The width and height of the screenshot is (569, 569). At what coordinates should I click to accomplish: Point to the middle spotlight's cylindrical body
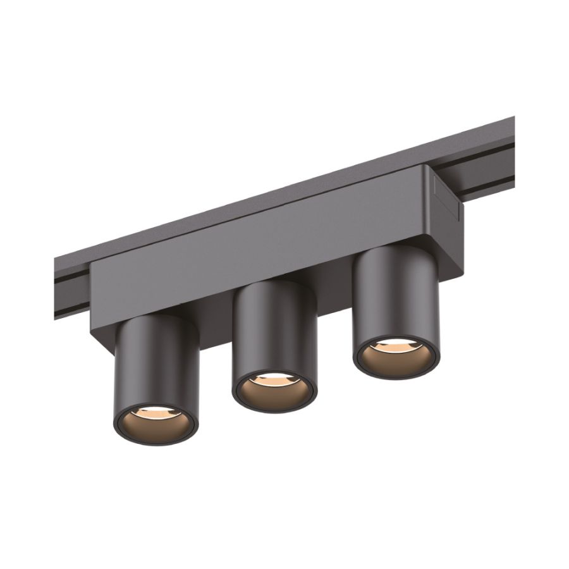tap(273, 329)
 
